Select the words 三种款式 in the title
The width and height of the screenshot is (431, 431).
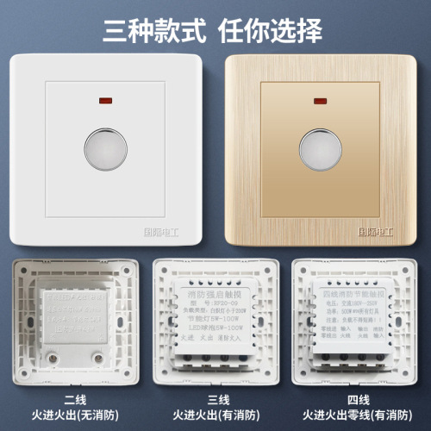(x=153, y=31)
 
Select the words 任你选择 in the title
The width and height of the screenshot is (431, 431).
(x=277, y=31)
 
